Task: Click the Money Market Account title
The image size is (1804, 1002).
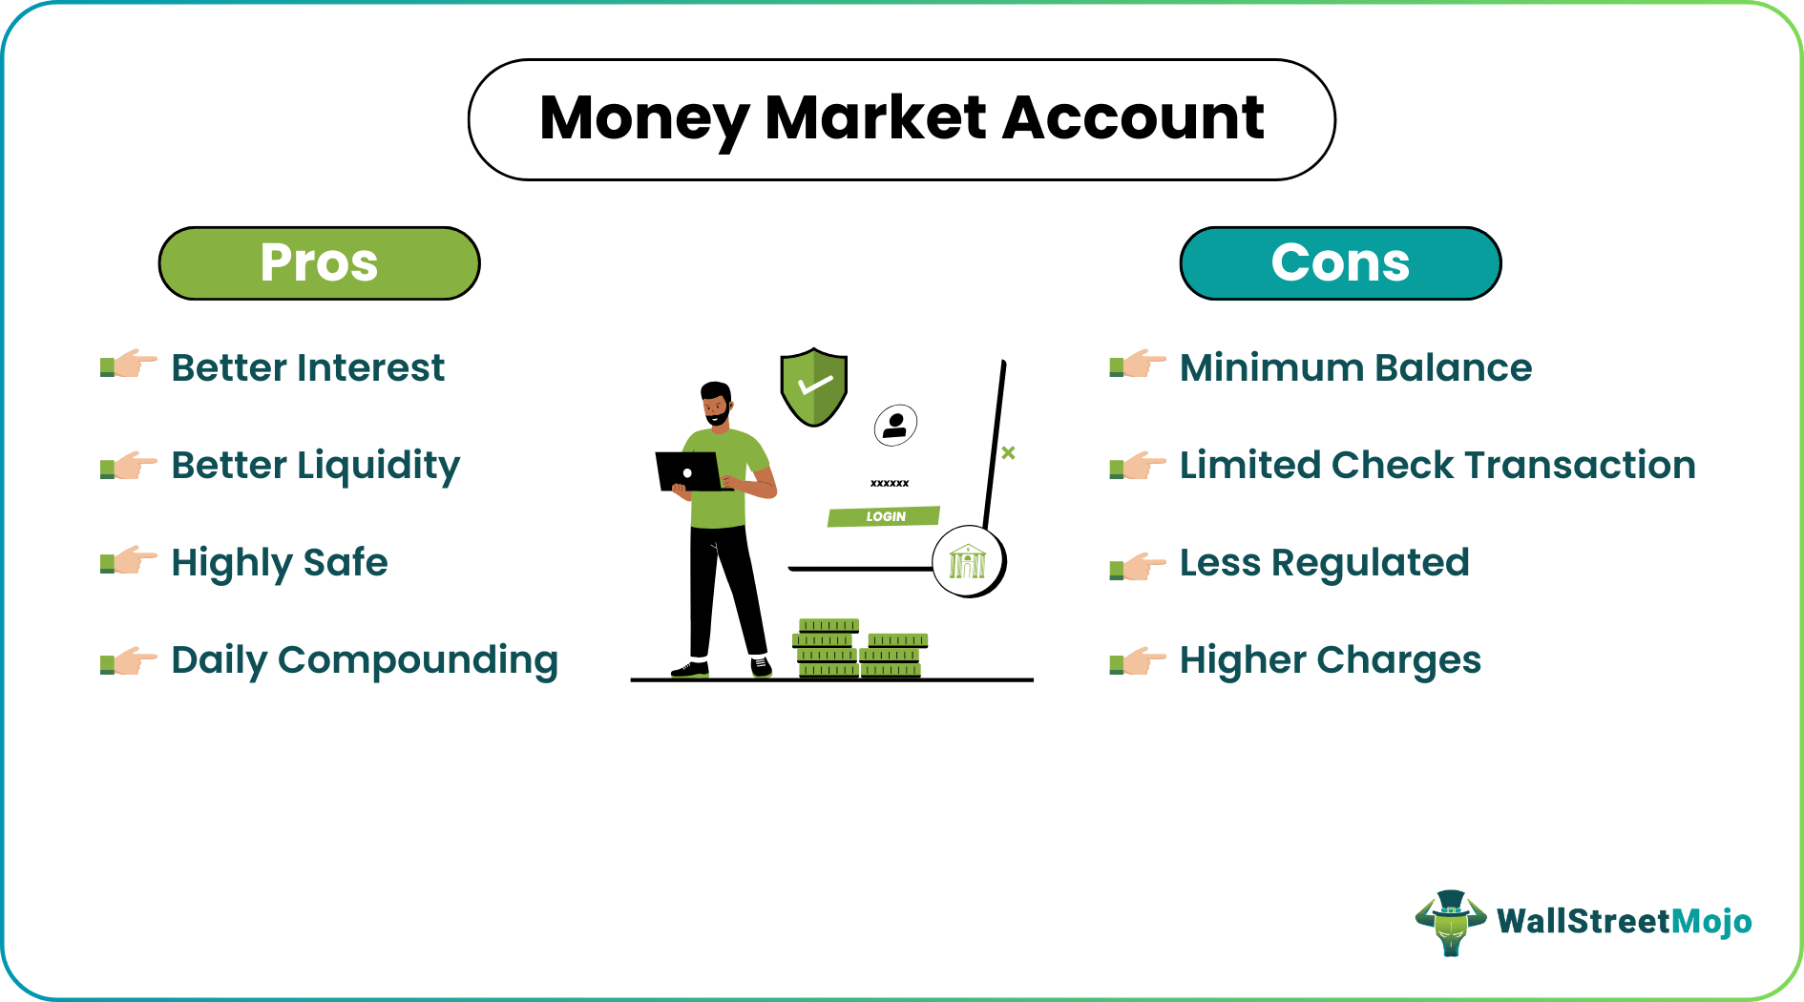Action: (x=901, y=119)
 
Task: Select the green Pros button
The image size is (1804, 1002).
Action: (x=319, y=263)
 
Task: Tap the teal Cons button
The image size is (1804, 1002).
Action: (x=1340, y=263)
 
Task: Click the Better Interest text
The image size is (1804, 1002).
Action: (x=307, y=368)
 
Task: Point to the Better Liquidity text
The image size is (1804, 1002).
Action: (x=315, y=466)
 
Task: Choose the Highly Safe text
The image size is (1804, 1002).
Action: (x=280, y=563)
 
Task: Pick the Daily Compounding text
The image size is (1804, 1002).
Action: (x=365, y=660)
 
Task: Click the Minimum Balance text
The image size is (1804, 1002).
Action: (x=1355, y=368)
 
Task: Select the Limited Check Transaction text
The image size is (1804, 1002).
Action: (x=1437, y=466)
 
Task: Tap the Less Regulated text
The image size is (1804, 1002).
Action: (x=1324, y=563)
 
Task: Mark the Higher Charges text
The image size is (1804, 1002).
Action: (x=1330, y=660)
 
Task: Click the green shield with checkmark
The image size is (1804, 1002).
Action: (x=813, y=386)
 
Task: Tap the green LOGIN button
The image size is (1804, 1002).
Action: (x=884, y=516)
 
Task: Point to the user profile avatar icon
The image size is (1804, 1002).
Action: (x=895, y=425)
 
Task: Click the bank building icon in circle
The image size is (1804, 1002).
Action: (x=968, y=561)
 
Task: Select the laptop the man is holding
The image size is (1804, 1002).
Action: (x=689, y=471)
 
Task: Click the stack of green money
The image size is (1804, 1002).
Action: (x=859, y=649)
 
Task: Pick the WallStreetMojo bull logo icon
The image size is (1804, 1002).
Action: (x=1451, y=922)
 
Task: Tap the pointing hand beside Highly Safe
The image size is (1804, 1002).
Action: (x=129, y=561)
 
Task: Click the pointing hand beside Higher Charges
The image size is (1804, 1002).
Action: (x=1138, y=660)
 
